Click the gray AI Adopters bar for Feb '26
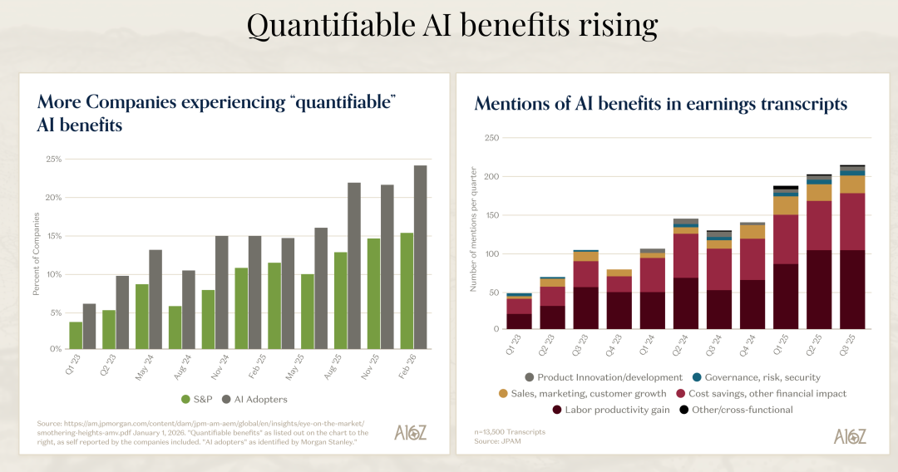(421, 257)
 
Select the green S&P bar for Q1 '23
(76, 335)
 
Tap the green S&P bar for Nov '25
(373, 293)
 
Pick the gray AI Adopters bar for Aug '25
(354, 265)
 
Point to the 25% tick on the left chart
(54, 159)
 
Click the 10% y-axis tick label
(54, 274)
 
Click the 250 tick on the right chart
(491, 138)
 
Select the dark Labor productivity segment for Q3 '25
(853, 289)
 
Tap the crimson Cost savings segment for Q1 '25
(786, 239)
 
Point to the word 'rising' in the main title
(600, 26)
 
